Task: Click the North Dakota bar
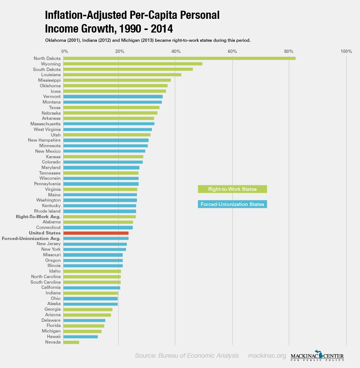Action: [x=179, y=58]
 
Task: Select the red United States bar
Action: [x=96, y=233]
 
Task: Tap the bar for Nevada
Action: [x=71, y=342]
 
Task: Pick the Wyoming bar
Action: [x=133, y=64]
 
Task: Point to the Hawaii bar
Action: [x=80, y=337]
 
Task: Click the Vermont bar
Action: [x=113, y=97]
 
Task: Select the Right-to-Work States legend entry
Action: [x=232, y=189]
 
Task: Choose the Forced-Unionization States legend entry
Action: [x=232, y=204]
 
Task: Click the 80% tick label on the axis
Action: [x=289, y=51]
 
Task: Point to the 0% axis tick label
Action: [x=65, y=51]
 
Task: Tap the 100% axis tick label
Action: [x=346, y=51]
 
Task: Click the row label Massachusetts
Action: [x=45, y=124]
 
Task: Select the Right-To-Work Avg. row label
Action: [x=38, y=216]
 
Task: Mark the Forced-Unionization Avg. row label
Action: [x=31, y=239]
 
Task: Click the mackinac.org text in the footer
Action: [x=267, y=356]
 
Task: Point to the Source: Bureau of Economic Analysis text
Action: [x=187, y=356]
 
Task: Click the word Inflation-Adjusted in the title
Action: [x=86, y=15]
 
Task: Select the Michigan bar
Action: [x=82, y=331]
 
